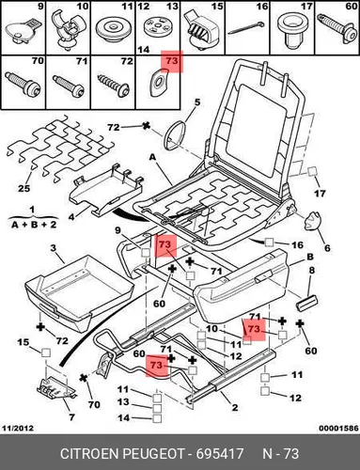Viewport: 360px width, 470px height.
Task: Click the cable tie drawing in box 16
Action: pyautogui.click(x=246, y=28)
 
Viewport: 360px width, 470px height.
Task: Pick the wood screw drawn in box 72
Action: pyautogui.click(x=113, y=85)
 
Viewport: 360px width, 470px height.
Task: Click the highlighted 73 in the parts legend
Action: pyautogui.click(x=171, y=61)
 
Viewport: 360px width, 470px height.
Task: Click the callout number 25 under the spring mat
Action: pyautogui.click(x=23, y=188)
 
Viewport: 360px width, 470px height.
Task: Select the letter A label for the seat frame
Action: pyautogui.click(x=152, y=157)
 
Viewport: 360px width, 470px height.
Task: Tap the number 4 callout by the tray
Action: pyautogui.click(x=71, y=216)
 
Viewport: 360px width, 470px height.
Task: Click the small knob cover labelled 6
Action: pyautogui.click(x=312, y=221)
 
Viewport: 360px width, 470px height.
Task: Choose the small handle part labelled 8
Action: pyautogui.click(x=306, y=304)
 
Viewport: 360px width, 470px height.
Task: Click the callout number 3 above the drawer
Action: pyautogui.click(x=54, y=248)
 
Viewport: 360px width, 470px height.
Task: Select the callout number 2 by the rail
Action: pyautogui.click(x=235, y=408)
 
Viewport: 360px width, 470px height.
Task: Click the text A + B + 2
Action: pyautogui.click(x=34, y=225)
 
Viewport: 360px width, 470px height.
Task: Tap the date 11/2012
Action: pyautogui.click(x=18, y=428)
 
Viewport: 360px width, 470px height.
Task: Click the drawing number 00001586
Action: pyautogui.click(x=338, y=428)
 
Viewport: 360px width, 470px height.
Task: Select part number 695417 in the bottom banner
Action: pyautogui.click(x=220, y=454)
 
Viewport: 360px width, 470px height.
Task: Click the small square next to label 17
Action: pyautogui.click(x=312, y=171)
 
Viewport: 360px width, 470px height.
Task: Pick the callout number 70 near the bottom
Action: pyautogui.click(x=94, y=404)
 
